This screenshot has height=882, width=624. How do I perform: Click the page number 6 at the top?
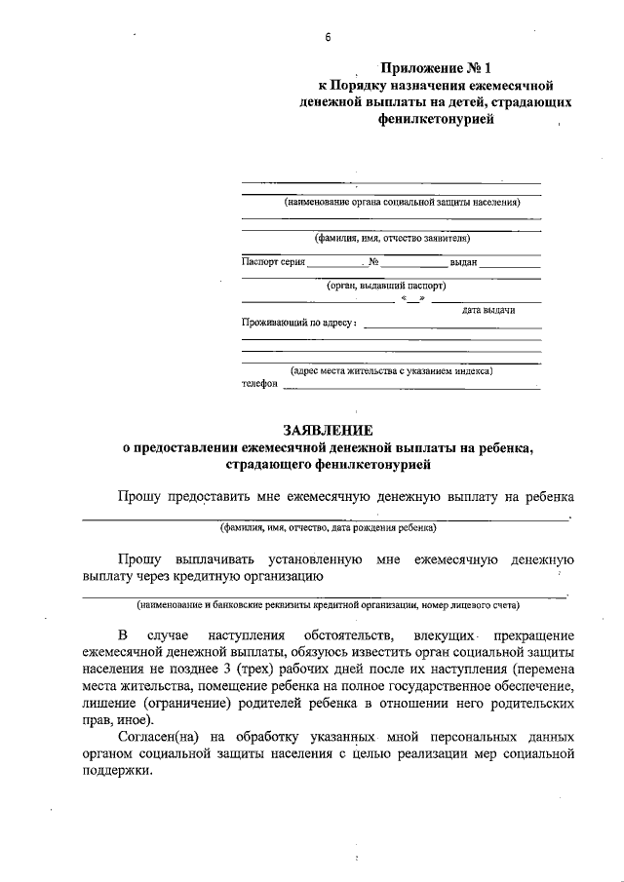tap(329, 37)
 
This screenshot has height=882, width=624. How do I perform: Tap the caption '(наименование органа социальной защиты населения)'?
tap(402, 203)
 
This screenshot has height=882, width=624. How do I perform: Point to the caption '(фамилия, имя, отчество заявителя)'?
tap(392, 237)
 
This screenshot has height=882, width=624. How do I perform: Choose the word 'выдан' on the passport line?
tap(462, 262)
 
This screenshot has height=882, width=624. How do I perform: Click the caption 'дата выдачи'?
tap(488, 310)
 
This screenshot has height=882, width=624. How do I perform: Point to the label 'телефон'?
tap(259, 384)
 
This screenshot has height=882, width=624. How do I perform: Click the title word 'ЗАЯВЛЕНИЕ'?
tap(328, 429)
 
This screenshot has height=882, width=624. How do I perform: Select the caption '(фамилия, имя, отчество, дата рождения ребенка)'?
tap(328, 528)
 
